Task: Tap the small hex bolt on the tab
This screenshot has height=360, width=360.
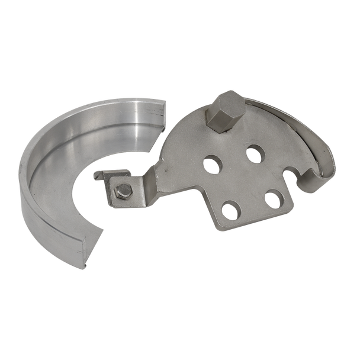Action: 123,190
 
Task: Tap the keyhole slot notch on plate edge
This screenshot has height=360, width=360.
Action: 291,175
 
